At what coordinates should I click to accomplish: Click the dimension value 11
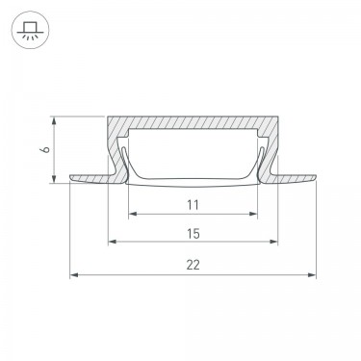(x=193, y=204)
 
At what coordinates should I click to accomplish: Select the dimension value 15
(x=193, y=234)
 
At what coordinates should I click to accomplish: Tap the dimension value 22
(x=193, y=265)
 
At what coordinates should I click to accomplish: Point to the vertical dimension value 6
(x=47, y=149)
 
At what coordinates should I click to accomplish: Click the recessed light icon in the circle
(x=30, y=30)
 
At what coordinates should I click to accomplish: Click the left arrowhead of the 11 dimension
(x=133, y=214)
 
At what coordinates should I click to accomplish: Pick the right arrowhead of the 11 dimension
(x=253, y=214)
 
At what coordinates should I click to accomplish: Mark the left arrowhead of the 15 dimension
(x=113, y=242)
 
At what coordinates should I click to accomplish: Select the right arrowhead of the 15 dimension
(x=273, y=242)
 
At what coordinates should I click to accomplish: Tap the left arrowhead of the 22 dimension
(x=74, y=274)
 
